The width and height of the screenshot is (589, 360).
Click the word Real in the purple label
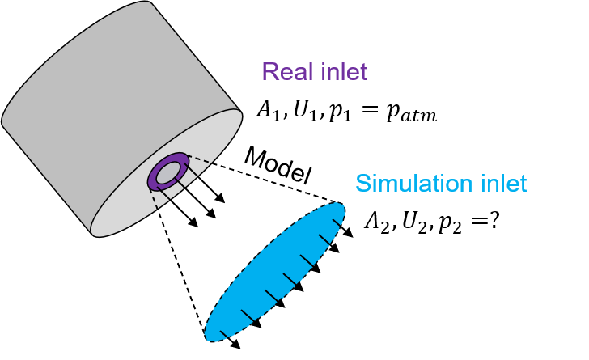[x=288, y=71]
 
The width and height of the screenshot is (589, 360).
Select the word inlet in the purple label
[x=344, y=71]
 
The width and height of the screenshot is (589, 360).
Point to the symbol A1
[x=269, y=111]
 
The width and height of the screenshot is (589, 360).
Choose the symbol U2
[x=414, y=222]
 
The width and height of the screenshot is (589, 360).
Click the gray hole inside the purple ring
[x=168, y=173]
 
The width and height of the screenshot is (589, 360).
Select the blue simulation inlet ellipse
[x=274, y=272]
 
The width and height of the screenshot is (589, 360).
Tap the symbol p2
[x=449, y=224]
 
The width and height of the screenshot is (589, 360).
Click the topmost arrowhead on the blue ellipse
[x=348, y=232]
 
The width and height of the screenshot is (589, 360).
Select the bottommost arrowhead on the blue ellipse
[x=235, y=344]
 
